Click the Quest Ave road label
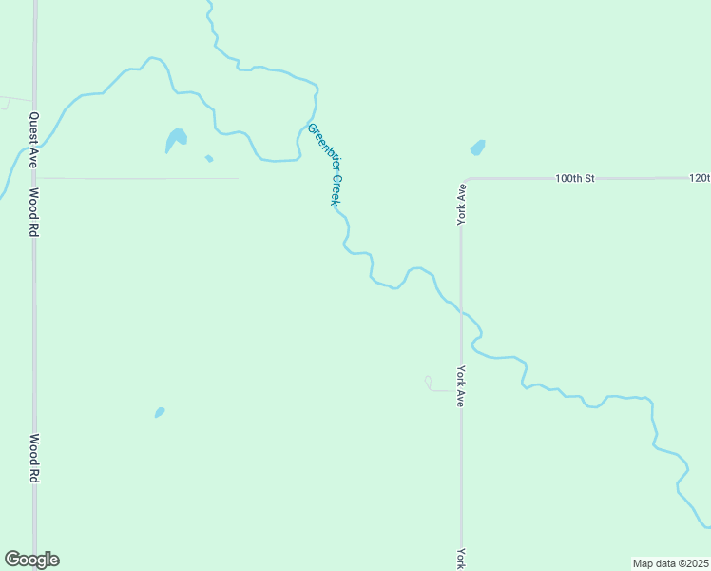[x=32, y=140]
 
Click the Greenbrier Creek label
[x=324, y=164]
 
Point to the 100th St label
[x=575, y=178]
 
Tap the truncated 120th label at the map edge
[x=700, y=178]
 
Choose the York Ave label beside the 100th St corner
[x=461, y=202]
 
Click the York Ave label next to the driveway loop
[x=461, y=386]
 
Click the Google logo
[x=31, y=560]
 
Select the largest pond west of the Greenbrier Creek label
[x=176, y=140]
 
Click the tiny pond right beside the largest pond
[x=209, y=158]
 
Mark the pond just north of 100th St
[x=477, y=148]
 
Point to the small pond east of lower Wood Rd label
[x=160, y=412]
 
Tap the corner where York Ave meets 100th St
[x=463, y=180]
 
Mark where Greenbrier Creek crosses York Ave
[x=461, y=311]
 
